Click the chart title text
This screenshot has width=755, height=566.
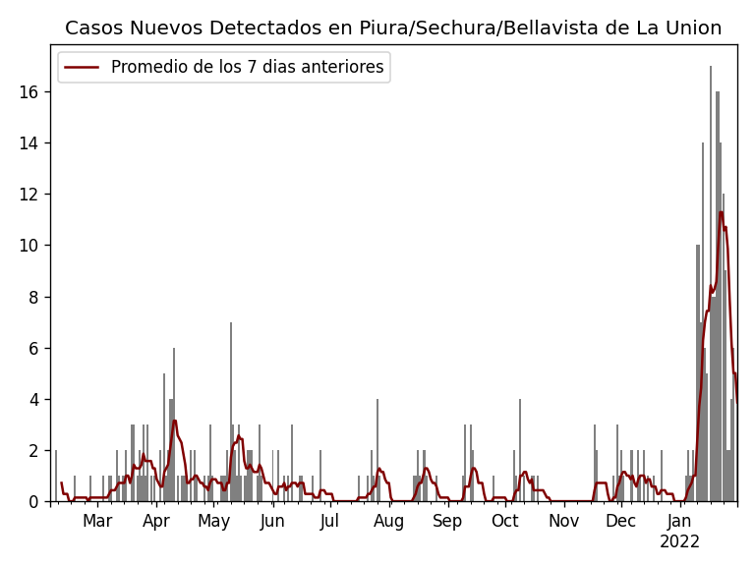click(x=393, y=28)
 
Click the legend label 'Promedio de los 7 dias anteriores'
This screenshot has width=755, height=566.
click(x=247, y=68)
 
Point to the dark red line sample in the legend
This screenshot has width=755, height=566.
click(x=83, y=68)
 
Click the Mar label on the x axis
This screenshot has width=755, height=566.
click(x=97, y=522)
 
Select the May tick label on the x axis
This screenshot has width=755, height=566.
click(x=213, y=522)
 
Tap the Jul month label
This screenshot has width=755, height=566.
click(x=329, y=522)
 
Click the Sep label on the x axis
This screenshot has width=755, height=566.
click(x=447, y=522)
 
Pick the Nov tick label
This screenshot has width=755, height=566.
click(x=563, y=522)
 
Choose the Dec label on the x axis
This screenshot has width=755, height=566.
click(x=620, y=522)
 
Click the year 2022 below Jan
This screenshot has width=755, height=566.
click(x=679, y=542)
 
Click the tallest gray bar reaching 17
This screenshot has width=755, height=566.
click(x=711, y=285)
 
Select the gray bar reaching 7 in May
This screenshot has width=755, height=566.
click(x=231, y=413)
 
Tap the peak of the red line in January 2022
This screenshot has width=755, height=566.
click(x=721, y=212)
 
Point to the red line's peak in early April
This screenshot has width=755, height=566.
click(x=175, y=421)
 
